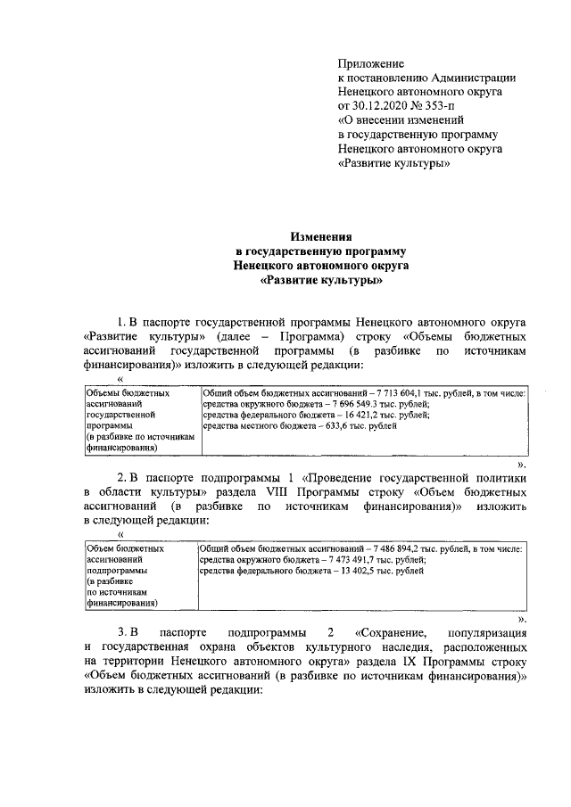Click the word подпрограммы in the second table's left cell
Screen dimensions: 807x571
coord(118,568)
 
